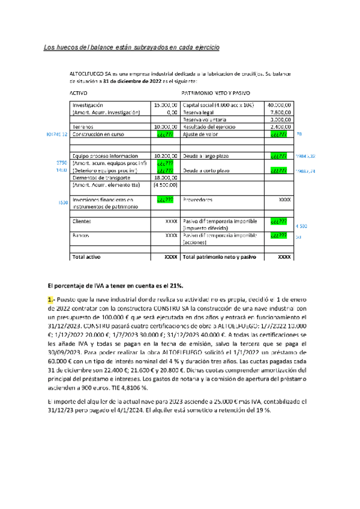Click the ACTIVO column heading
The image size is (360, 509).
click(x=79, y=94)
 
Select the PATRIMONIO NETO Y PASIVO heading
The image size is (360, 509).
click(x=216, y=94)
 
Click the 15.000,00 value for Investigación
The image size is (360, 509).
click(x=165, y=104)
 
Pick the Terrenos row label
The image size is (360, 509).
click(x=83, y=127)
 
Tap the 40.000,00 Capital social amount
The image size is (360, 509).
click(x=280, y=104)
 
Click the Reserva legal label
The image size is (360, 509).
click(x=199, y=112)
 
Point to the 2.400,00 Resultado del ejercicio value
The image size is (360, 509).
click(x=281, y=127)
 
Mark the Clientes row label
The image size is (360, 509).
click(x=82, y=221)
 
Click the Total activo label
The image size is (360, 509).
click(x=86, y=257)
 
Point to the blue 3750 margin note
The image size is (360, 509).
click(x=61, y=163)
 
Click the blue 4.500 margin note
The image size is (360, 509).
click(x=301, y=226)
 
